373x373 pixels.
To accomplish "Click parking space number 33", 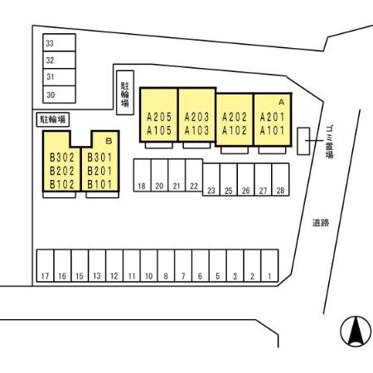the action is tap(59, 42).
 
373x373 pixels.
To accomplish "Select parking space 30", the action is tap(59, 94).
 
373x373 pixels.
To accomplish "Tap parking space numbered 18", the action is tap(143, 175).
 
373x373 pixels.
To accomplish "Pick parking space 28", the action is tap(280, 180).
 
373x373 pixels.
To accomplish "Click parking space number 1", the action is tap(269, 265).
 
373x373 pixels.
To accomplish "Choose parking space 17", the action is tap(46, 265).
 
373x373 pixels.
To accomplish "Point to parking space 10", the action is tap(149, 265).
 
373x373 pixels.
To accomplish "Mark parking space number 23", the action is tap(211, 180).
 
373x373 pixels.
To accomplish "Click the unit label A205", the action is tap(159, 117).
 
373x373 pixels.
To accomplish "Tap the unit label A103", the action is tap(196, 130).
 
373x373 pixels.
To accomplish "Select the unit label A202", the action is tap(235, 117).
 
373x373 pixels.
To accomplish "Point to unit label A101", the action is tap(272, 130).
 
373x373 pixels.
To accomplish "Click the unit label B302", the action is tap(62, 157).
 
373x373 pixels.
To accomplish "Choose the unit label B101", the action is tap(99, 185).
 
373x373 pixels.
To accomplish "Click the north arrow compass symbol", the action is tap(356, 331).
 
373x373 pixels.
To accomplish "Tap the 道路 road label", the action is tap(321, 223).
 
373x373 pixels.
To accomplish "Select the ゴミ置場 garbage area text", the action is tap(329, 142).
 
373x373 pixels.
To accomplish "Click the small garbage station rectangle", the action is tap(303, 141).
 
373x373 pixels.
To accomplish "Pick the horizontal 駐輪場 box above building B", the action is tap(53, 119).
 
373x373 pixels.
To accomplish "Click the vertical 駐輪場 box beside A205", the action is tap(125, 93).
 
